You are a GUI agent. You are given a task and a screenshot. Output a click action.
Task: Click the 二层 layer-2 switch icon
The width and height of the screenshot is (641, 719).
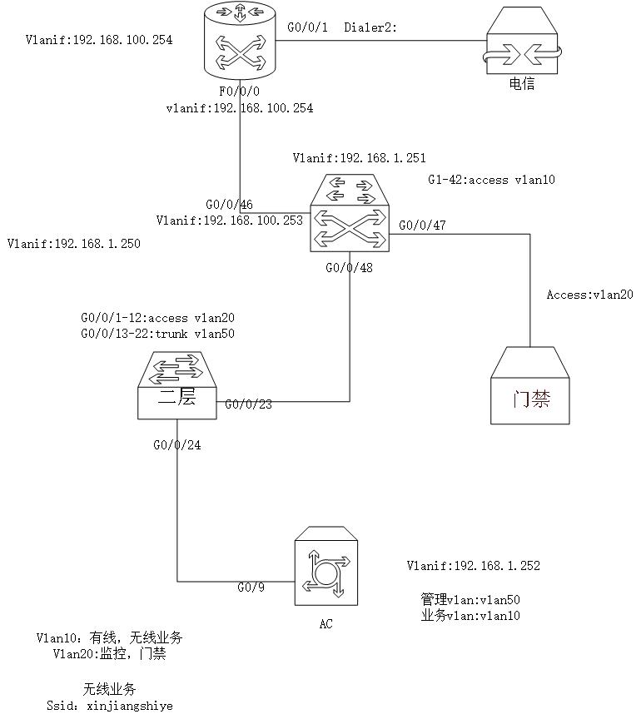coord(178,384)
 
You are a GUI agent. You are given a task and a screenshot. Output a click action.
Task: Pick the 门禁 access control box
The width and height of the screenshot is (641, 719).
coord(530,386)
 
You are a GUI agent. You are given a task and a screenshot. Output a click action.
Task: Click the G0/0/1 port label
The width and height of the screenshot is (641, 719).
coord(307,27)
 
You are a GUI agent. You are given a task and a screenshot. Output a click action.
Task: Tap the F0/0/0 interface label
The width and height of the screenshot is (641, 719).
coord(240,92)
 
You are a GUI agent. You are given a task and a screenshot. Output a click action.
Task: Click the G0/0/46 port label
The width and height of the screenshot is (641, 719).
coord(230,205)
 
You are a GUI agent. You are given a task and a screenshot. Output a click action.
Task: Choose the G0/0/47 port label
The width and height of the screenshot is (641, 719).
coord(422,225)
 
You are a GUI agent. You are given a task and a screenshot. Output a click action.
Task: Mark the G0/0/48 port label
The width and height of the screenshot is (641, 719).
coord(349,269)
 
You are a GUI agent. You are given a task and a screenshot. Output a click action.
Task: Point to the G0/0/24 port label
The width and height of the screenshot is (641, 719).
coord(177,445)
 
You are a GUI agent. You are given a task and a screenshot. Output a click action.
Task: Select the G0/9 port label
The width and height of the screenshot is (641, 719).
coord(249,588)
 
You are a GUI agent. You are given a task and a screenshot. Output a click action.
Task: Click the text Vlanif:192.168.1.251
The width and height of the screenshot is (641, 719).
coord(360,157)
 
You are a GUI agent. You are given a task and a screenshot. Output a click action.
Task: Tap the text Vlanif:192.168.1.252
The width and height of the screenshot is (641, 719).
coord(473,566)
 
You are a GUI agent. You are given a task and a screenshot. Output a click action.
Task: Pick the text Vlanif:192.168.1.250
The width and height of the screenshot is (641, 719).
coord(73,244)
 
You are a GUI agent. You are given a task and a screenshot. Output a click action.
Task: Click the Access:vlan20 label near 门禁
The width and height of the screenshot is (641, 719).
coord(590,295)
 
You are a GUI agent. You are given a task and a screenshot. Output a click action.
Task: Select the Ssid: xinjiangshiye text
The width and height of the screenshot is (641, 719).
coord(109,706)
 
